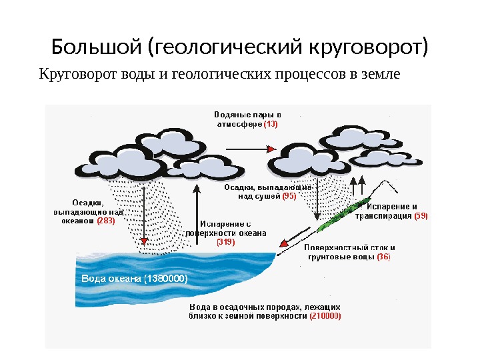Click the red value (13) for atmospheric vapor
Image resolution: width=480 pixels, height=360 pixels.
pos(271,124)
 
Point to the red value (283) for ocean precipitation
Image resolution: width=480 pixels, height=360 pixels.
pos(106,220)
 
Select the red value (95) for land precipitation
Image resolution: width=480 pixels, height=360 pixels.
pos(289,196)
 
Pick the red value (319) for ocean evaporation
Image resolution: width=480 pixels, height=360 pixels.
pos(226,243)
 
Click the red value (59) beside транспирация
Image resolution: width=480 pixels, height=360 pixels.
pos(421,216)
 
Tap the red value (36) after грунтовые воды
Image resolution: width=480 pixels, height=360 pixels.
pos(383,256)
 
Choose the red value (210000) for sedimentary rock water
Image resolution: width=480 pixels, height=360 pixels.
pos(325,316)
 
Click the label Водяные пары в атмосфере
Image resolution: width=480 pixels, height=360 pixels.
pos(247,119)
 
